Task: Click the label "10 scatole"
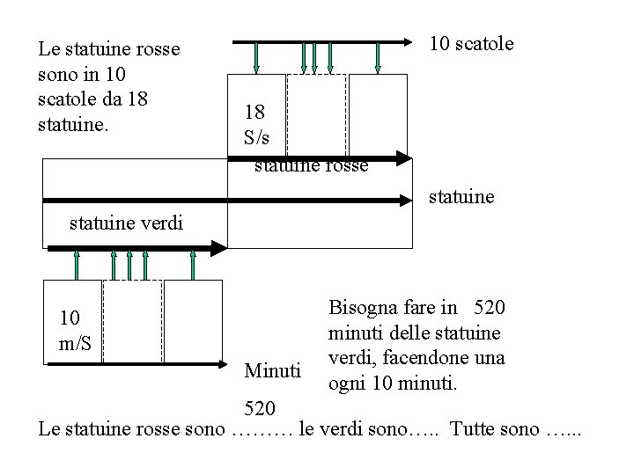tap(470, 43)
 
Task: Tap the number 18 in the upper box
tap(254, 113)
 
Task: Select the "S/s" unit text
tap(259, 137)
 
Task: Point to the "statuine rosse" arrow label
tap(311, 165)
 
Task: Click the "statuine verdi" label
tap(126, 223)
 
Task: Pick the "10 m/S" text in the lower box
tap(75, 329)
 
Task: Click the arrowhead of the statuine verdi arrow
tap(219, 250)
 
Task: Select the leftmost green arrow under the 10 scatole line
tap(255, 57)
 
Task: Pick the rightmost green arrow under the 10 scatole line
tap(378, 57)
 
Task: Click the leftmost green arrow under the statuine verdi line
tap(77, 265)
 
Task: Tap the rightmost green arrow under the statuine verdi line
tap(193, 265)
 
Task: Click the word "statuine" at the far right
tap(461, 198)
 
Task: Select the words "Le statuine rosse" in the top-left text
tap(109, 49)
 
